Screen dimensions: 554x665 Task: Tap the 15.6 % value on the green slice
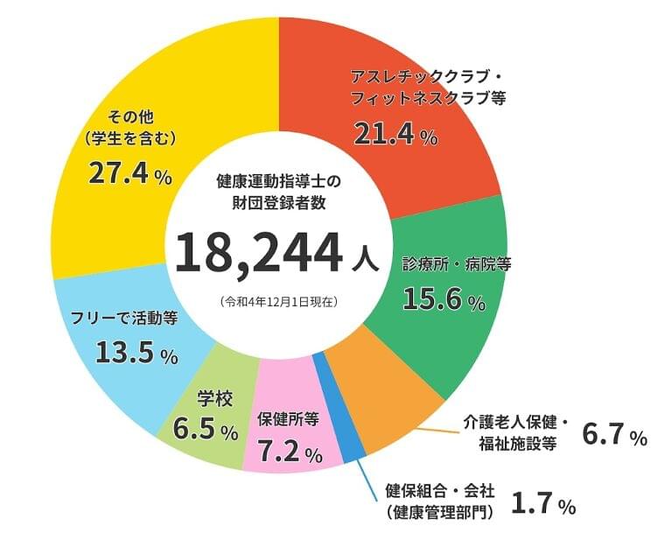[443, 300]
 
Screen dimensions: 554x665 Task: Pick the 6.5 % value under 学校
[206, 430]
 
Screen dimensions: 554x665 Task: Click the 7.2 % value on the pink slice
[290, 452]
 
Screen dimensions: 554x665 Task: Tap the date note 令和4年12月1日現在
[279, 300]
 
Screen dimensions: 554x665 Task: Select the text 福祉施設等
[519, 444]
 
